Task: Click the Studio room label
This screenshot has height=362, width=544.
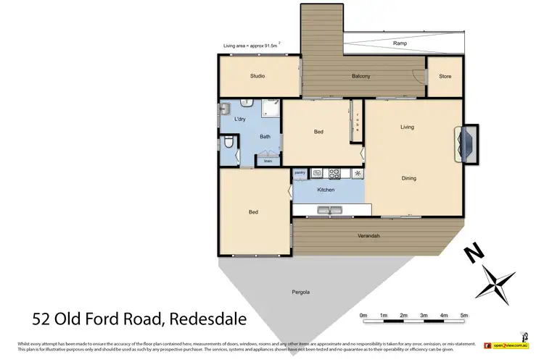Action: pos(257,76)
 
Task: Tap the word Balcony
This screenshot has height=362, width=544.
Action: pos(361,77)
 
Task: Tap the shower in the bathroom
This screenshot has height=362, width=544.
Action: pos(270,111)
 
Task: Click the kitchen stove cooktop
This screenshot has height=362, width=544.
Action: pos(335,173)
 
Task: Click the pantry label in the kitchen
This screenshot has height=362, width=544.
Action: pos(300,173)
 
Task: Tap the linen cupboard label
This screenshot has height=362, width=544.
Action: pos(267,161)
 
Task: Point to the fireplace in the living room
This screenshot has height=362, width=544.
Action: pos(466,143)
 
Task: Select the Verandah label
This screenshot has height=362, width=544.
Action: pos(368,236)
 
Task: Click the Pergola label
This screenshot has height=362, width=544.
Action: pos(300,292)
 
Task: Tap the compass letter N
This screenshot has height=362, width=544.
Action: pos(475,253)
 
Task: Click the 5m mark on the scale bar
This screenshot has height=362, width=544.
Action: pos(463,315)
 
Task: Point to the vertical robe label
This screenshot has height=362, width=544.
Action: pos(358,120)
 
